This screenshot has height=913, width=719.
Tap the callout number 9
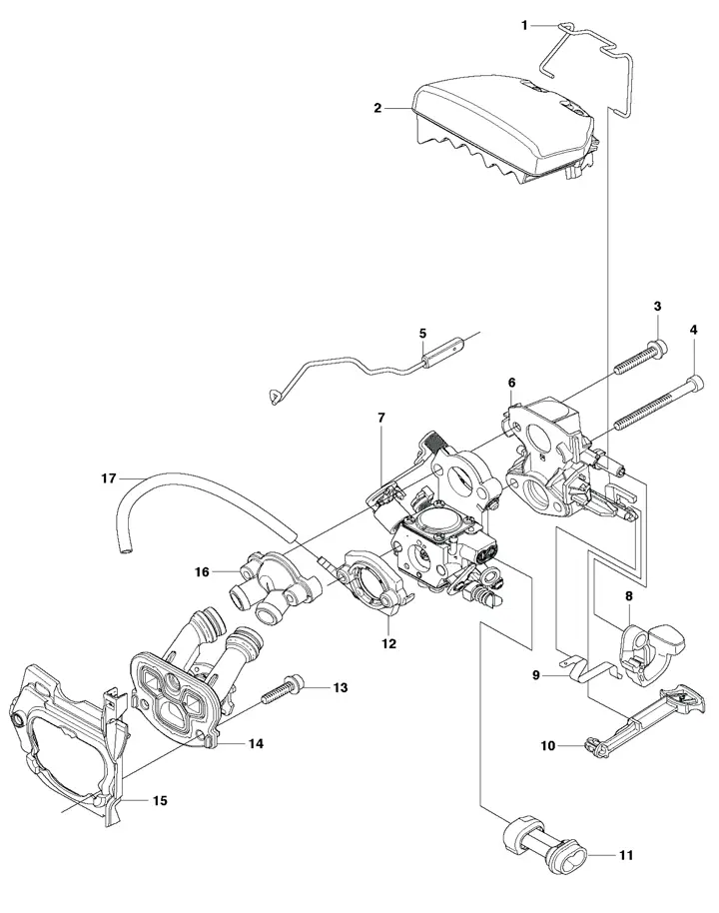point(536,675)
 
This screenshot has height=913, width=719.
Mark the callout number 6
point(511,382)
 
